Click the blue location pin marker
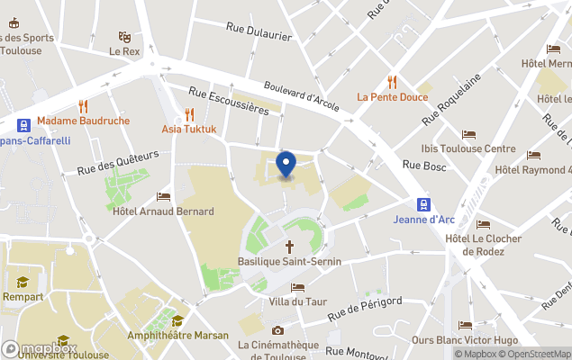point(286,165)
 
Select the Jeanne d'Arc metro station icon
point(422,203)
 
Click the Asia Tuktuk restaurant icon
point(189,113)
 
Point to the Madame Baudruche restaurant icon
point(83,105)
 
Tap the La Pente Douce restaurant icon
point(392,81)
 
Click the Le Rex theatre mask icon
point(124,37)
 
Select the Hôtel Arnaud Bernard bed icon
point(163,196)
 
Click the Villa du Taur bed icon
point(297,287)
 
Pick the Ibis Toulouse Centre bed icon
point(468,134)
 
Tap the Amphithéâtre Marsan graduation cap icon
point(177,320)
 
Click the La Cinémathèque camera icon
point(277,330)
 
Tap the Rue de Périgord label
point(364,309)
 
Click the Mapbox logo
point(39,348)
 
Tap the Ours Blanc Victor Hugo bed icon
point(465,326)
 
